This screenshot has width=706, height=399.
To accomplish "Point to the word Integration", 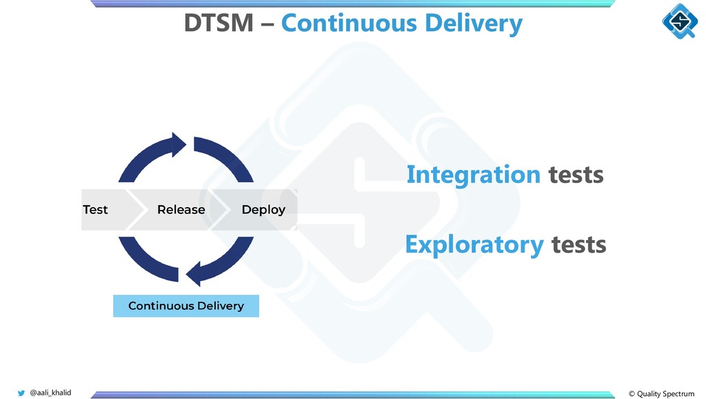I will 473,175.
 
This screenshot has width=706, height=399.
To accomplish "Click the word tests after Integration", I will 576,175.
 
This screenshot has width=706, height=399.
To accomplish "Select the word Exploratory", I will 474,244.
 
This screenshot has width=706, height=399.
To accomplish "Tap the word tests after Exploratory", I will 578,244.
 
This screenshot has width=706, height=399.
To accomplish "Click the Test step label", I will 95,209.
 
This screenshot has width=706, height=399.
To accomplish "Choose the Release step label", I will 181,209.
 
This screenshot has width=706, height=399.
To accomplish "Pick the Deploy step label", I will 263,209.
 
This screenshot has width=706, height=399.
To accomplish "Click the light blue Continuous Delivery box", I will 185,305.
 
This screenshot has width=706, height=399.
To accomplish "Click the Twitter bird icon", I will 21,393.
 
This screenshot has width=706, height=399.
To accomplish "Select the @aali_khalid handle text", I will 50,393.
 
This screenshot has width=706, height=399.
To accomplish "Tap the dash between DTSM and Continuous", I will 266,25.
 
